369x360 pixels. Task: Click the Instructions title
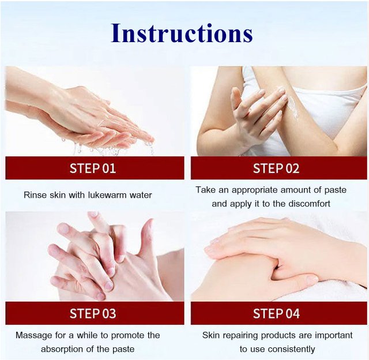pyautogui.click(x=182, y=33)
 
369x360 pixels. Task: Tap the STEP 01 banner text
pyautogui.click(x=93, y=168)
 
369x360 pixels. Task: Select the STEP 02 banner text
pyautogui.click(x=276, y=168)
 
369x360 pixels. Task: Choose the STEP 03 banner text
pyautogui.click(x=93, y=313)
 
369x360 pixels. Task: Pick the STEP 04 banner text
pyautogui.click(x=276, y=313)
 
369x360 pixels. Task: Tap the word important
pyautogui.click(x=334, y=335)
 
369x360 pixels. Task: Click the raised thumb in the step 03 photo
pyautogui.click(x=146, y=238)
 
